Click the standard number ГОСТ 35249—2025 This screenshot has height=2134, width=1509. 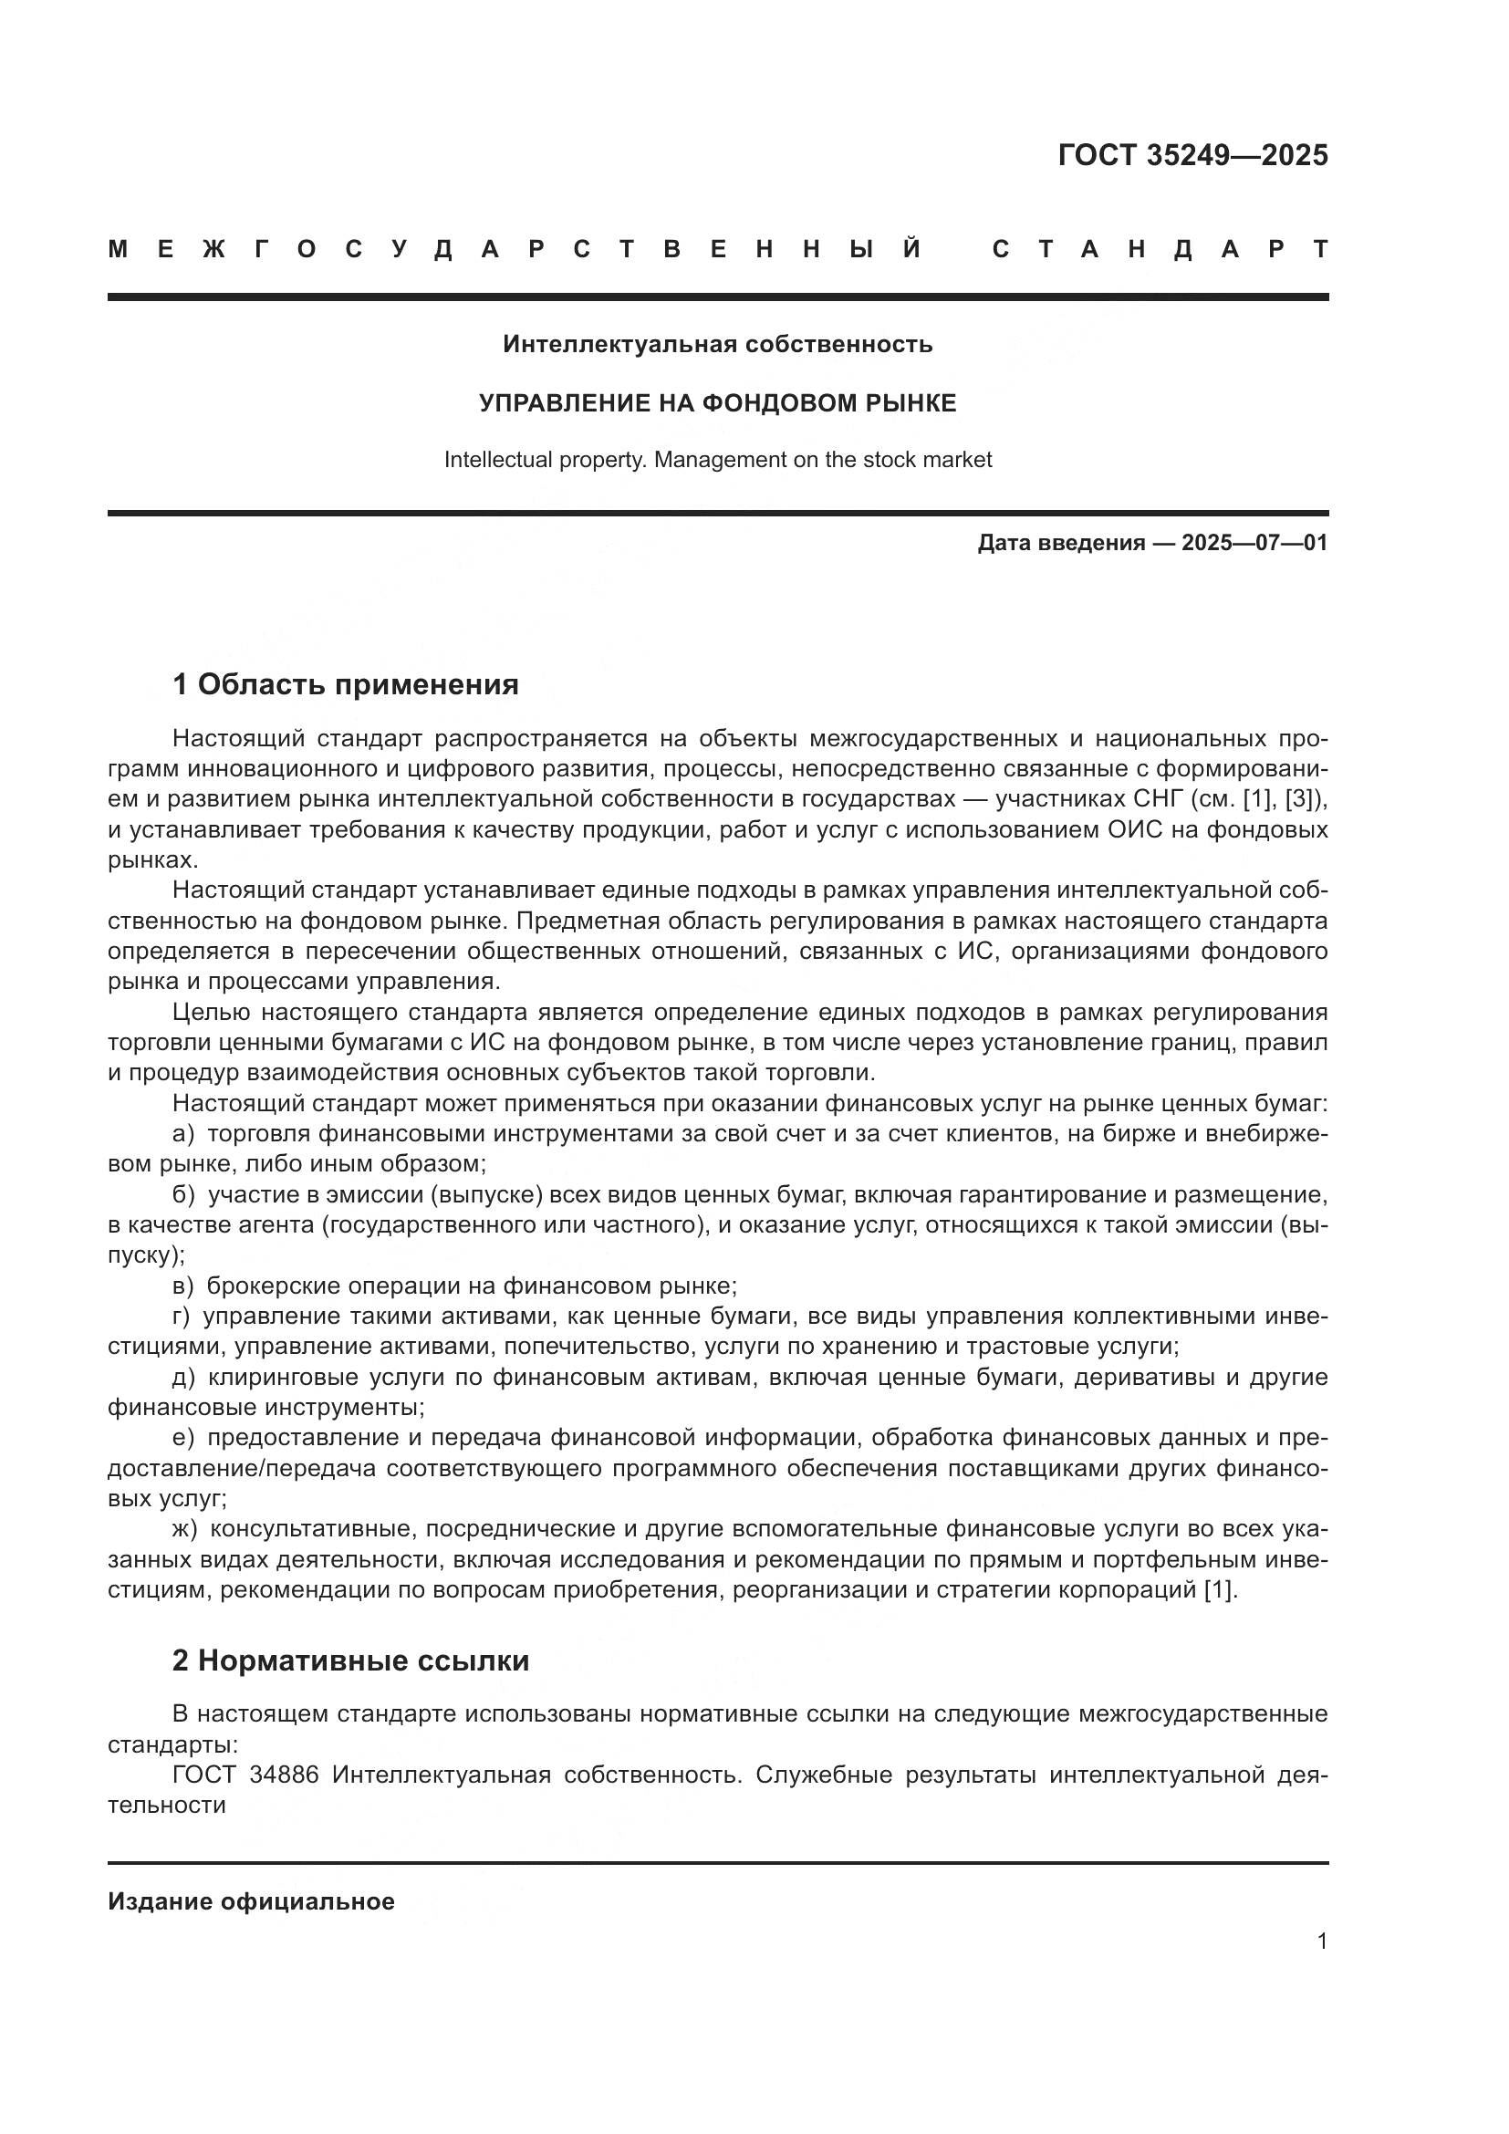[x=1192, y=155]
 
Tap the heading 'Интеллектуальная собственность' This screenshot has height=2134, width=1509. [x=717, y=345]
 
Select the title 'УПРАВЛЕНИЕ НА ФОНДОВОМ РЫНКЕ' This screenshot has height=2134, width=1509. [x=717, y=402]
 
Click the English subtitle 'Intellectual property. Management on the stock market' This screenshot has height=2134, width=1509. [x=717, y=460]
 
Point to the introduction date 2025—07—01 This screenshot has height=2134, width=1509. [x=1254, y=543]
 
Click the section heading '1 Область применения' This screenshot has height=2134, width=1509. [x=345, y=685]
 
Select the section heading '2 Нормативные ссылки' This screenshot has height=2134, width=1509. [x=350, y=1660]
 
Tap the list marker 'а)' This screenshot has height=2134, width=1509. [x=184, y=1134]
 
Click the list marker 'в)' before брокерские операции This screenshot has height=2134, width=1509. [x=184, y=1286]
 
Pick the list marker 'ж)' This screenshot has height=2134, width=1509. [x=186, y=1529]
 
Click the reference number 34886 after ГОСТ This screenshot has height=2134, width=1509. [x=284, y=1775]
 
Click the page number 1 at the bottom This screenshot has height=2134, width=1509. [x=1321, y=1941]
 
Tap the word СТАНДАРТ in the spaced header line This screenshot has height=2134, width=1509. [x=1160, y=250]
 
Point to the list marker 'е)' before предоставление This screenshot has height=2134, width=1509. [x=184, y=1438]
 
